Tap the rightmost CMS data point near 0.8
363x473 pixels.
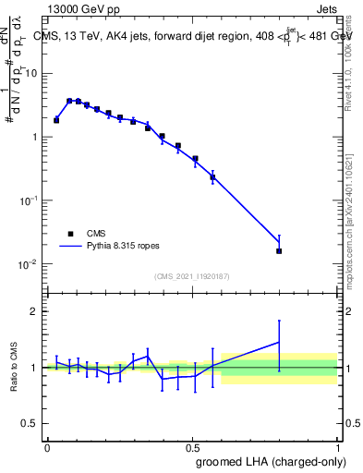tap(279, 250)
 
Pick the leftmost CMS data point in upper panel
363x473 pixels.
tap(56, 120)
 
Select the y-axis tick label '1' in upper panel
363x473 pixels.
tap(37, 137)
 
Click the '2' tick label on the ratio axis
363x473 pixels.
tap(37, 311)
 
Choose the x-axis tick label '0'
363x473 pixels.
tap(47, 447)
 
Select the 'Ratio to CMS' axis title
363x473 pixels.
tap(13, 368)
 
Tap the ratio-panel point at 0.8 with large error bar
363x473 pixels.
tap(279, 343)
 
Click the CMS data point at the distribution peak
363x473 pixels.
tap(69, 101)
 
